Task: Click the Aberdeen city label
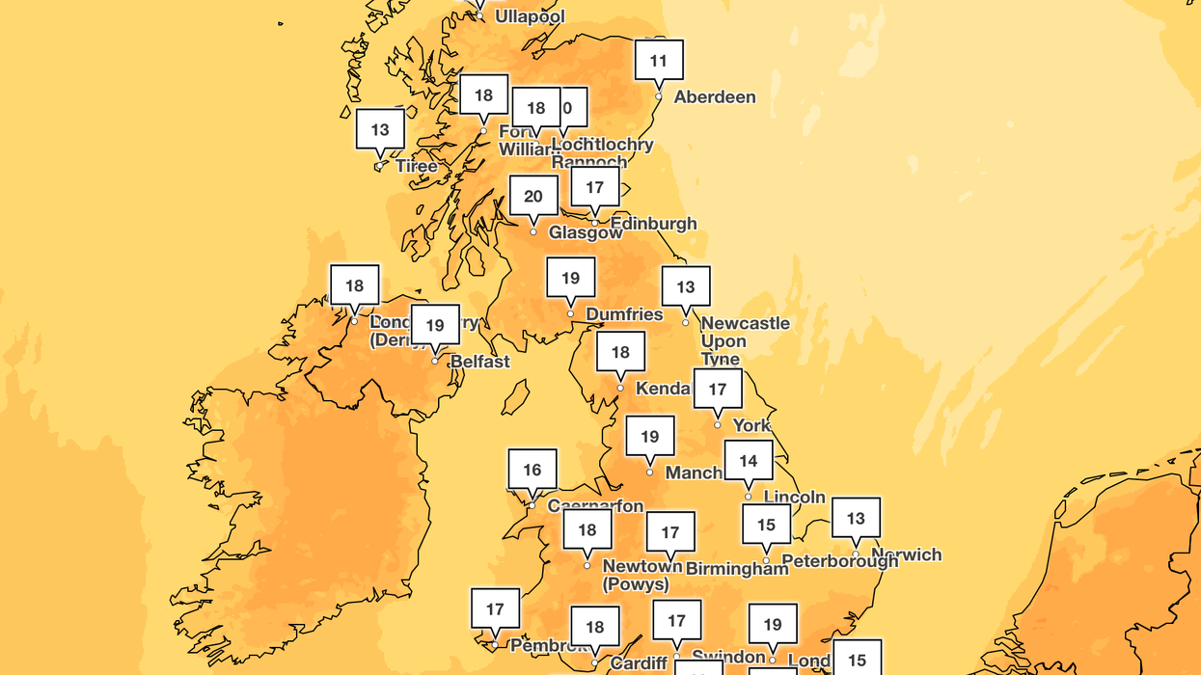click(x=714, y=97)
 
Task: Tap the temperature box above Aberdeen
click(x=659, y=61)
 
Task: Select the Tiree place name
click(x=417, y=166)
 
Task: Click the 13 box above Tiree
click(x=380, y=129)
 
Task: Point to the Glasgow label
click(x=586, y=232)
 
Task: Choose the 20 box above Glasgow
click(x=533, y=197)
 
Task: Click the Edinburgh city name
click(x=653, y=224)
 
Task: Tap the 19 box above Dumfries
click(x=570, y=278)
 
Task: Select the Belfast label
click(x=480, y=362)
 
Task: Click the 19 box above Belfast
click(x=435, y=325)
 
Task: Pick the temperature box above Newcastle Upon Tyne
click(x=685, y=286)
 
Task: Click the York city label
click(x=751, y=425)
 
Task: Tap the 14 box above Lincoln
click(x=749, y=461)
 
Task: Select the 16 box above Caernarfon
click(x=532, y=470)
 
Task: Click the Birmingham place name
click(x=737, y=569)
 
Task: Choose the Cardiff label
click(x=639, y=663)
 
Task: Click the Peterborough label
click(x=839, y=560)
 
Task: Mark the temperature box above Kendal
click(x=620, y=352)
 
